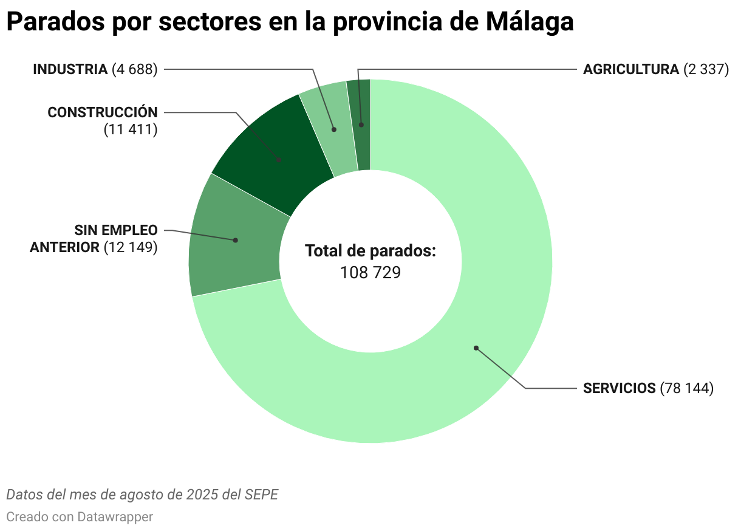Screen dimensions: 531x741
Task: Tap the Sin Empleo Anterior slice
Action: (x=234, y=243)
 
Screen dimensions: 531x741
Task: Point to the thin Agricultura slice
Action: (x=362, y=125)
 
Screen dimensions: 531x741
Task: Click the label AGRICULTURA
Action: (x=630, y=69)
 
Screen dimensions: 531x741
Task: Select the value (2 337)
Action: (x=706, y=69)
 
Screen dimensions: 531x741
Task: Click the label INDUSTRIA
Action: (x=70, y=69)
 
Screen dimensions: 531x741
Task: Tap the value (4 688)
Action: (x=134, y=69)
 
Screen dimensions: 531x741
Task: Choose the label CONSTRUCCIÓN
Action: (x=102, y=112)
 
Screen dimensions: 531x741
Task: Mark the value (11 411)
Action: (x=130, y=129)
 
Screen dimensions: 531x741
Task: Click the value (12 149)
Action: (x=130, y=247)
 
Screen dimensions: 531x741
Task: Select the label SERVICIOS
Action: (x=620, y=388)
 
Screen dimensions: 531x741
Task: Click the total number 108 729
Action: (x=370, y=273)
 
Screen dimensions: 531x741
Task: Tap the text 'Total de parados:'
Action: (x=370, y=251)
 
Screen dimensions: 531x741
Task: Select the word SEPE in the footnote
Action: (x=261, y=495)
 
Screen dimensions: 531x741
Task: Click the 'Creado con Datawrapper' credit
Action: (x=80, y=517)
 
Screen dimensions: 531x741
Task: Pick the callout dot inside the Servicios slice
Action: (x=476, y=348)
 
